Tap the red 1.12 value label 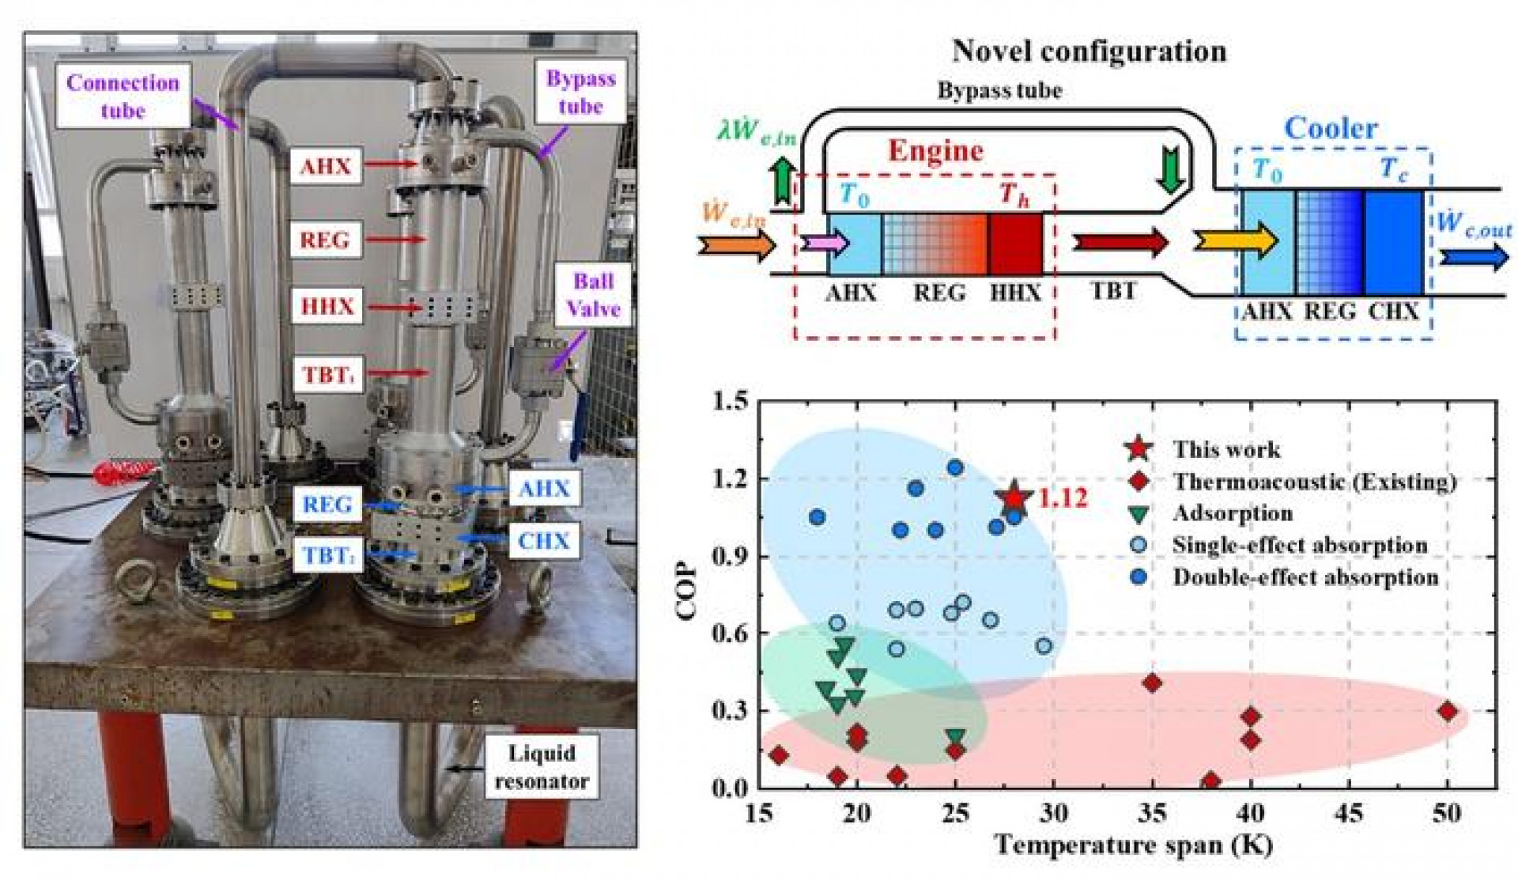[x=1063, y=498]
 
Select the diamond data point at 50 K [x=1448, y=711]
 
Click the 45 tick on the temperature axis [x=1349, y=813]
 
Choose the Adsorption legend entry [x=1232, y=513]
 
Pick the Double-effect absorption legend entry [x=1305, y=577]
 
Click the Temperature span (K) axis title [x=1134, y=845]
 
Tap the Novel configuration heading [x=1089, y=51]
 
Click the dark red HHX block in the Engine [x=1015, y=244]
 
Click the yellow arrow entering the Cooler [x=1234, y=240]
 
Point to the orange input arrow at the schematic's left [x=735, y=245]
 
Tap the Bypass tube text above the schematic [x=999, y=91]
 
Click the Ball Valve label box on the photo [x=593, y=295]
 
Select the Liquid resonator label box [x=542, y=766]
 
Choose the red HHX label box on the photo [x=327, y=305]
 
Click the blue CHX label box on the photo [x=543, y=541]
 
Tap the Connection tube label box [x=123, y=96]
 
